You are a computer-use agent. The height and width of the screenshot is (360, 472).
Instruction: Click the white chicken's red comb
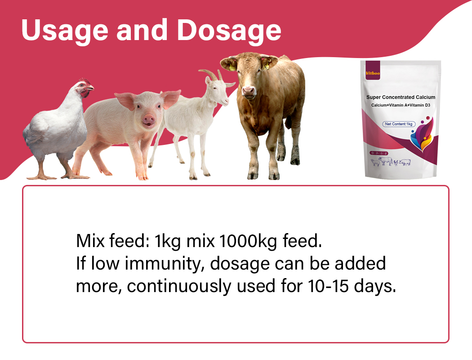tap(85, 81)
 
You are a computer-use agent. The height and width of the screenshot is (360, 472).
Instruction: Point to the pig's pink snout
tap(149, 119)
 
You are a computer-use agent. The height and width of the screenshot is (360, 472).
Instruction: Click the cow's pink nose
tap(249, 90)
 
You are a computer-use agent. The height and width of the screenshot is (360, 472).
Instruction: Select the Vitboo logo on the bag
tap(373, 73)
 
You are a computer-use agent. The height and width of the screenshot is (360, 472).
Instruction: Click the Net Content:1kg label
tap(399, 124)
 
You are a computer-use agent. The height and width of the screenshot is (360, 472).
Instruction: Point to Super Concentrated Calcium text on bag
tap(401, 97)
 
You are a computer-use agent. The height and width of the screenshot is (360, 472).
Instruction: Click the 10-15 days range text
tap(352, 286)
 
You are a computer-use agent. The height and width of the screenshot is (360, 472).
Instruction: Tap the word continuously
tap(179, 286)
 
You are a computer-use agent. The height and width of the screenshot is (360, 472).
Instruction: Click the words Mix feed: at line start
tap(113, 241)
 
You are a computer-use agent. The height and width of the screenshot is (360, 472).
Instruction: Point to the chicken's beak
tap(91, 88)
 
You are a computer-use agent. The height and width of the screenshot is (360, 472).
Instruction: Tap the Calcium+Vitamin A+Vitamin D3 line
tap(401, 105)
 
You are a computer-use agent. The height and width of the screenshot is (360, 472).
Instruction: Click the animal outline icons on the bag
tap(391, 162)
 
